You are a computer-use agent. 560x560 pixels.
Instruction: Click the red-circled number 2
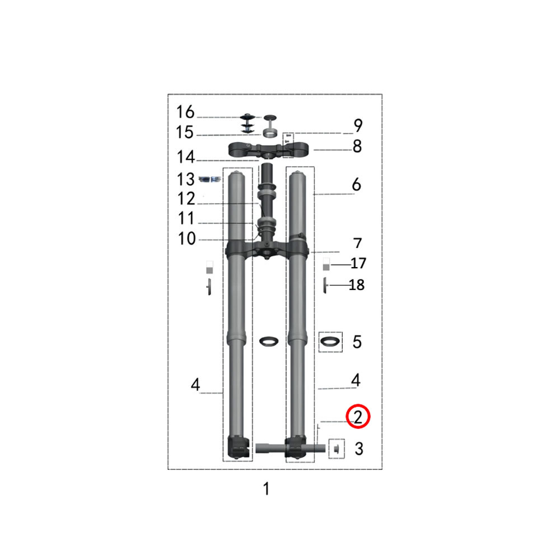click(358, 417)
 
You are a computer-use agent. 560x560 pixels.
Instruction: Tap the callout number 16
click(185, 112)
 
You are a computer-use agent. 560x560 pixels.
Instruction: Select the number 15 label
click(185, 132)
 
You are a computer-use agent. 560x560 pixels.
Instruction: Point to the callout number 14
click(186, 157)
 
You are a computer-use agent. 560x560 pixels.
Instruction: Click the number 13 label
click(186, 179)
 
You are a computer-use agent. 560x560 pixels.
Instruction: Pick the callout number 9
click(358, 125)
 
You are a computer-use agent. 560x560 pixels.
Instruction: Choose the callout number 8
click(357, 146)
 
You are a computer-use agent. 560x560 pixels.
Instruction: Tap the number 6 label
click(356, 184)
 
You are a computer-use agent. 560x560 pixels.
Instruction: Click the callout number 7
click(357, 243)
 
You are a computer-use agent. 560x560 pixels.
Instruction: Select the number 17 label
click(358, 263)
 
